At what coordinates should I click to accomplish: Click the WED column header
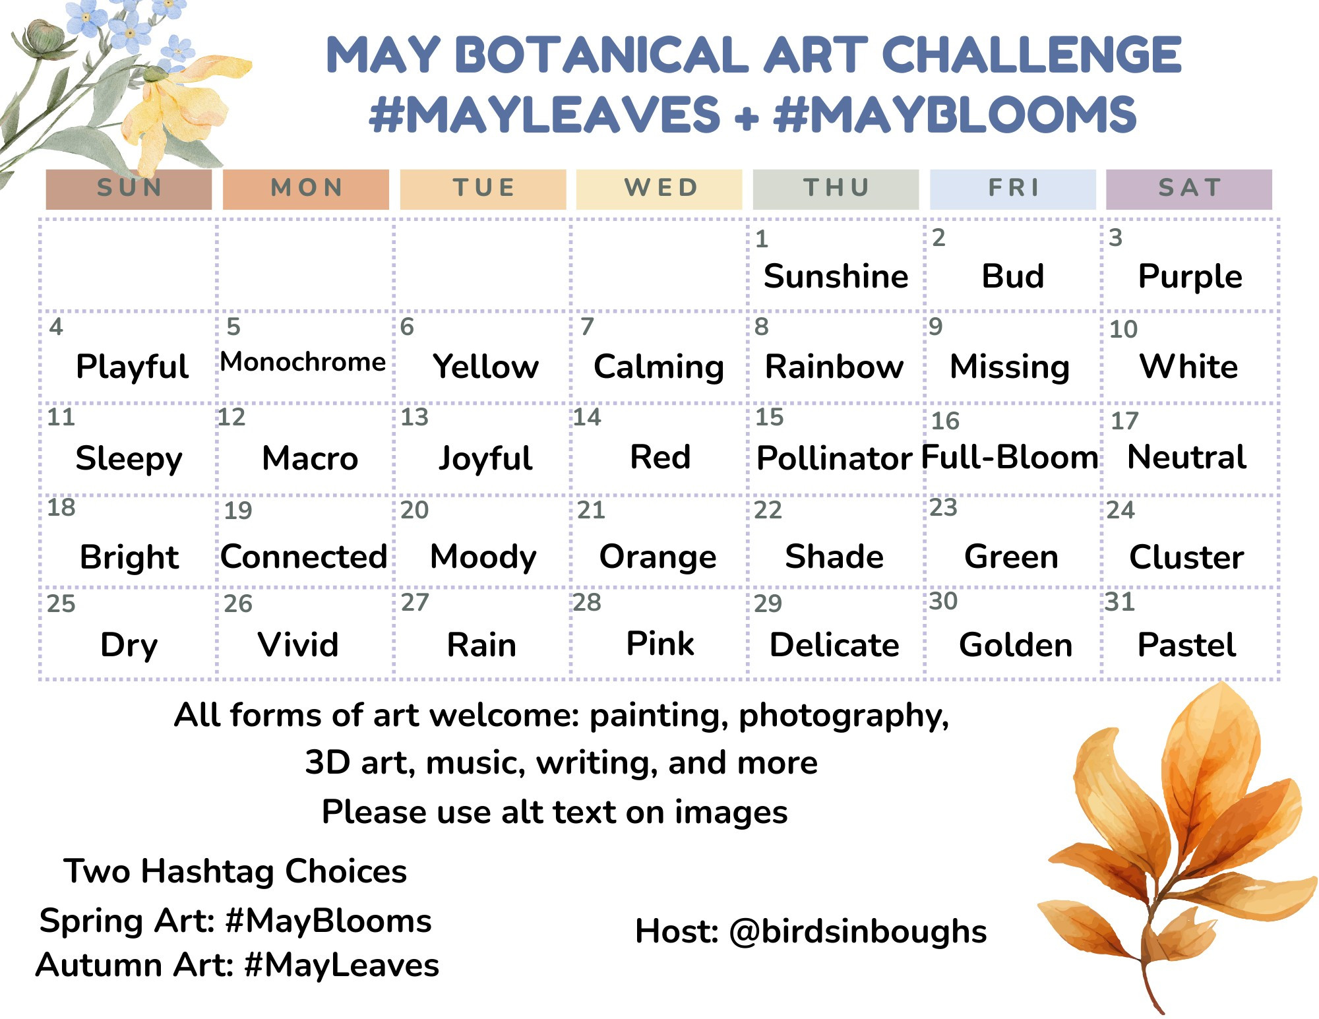click(659, 189)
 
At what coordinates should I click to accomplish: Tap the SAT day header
click(1189, 189)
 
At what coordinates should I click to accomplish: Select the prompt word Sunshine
click(836, 276)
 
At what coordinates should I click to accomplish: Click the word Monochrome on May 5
click(303, 361)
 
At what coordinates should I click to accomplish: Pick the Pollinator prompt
click(834, 458)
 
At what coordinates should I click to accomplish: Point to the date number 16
click(945, 421)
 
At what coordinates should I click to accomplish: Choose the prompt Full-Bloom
click(1010, 456)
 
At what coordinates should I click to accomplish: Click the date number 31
click(1120, 602)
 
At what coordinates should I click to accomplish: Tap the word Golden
click(1016, 644)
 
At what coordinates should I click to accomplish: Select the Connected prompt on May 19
click(304, 556)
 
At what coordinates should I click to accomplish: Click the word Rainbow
click(834, 366)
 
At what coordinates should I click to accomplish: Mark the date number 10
click(1123, 328)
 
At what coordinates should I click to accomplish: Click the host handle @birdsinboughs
click(858, 932)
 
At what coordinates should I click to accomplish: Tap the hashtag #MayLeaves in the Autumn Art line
click(342, 965)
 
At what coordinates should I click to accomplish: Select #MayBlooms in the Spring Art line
click(328, 921)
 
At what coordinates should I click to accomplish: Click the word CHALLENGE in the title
click(1031, 55)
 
